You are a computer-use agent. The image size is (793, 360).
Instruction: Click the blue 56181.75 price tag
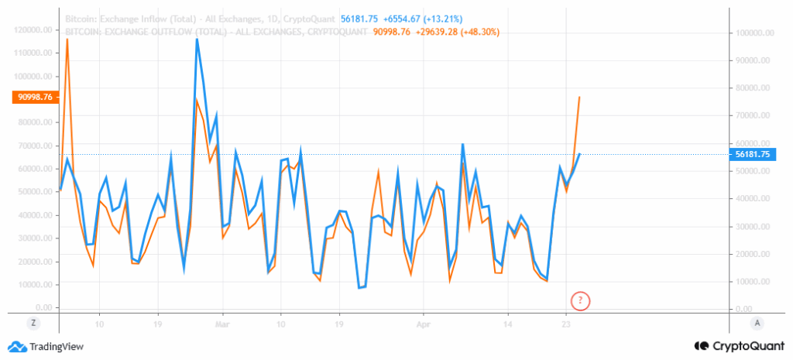(x=754, y=154)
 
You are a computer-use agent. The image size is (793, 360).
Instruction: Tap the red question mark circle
(x=581, y=300)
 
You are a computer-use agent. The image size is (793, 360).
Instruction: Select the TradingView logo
(x=46, y=347)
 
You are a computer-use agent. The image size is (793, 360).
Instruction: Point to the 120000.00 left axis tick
(x=33, y=29)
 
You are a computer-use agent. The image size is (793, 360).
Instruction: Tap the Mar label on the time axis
(x=222, y=324)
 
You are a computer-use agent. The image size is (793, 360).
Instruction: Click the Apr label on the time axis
(x=423, y=324)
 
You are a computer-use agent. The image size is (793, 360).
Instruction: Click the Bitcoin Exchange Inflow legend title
(x=200, y=19)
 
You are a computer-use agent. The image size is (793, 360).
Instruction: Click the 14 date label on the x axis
(x=507, y=324)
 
